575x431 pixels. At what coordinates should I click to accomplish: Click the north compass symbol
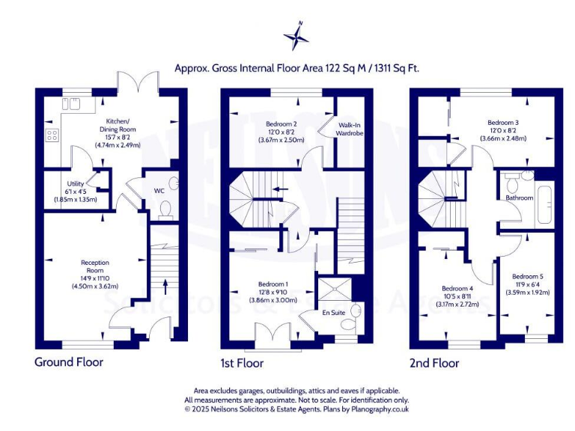pos(297,37)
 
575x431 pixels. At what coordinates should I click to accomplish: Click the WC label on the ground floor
pos(159,191)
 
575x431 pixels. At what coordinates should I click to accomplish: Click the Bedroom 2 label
pos(282,124)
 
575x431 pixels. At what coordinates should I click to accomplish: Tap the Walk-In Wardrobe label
pos(350,129)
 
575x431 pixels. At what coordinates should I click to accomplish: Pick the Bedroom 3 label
pos(503,122)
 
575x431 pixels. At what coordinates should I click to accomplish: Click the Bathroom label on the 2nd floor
pos(519,198)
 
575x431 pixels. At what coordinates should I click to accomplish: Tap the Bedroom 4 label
pos(457,289)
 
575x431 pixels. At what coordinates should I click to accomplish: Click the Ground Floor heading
pos(69,362)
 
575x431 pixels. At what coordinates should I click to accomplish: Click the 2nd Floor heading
pos(434,363)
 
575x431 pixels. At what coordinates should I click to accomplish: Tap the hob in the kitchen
pos(52,135)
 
